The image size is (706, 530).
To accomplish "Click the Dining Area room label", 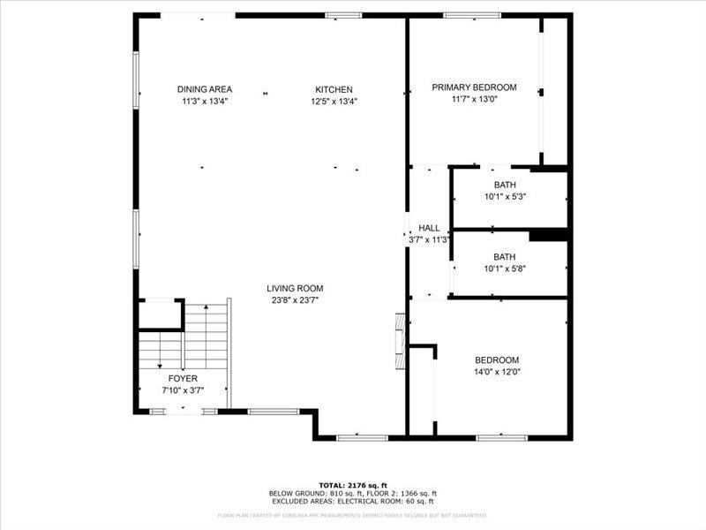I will click(x=204, y=89).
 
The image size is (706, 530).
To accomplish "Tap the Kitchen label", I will click(x=334, y=89).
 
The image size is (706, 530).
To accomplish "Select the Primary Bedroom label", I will click(x=474, y=87).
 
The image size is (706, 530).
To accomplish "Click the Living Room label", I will click(x=296, y=288).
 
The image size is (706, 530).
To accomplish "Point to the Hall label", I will click(x=429, y=228).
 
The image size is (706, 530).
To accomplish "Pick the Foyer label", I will click(x=183, y=378).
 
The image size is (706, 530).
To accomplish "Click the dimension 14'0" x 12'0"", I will click(x=497, y=372).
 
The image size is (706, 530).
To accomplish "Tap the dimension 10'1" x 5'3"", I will click(x=505, y=196).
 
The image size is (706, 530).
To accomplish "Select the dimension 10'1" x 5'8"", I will click(x=505, y=269).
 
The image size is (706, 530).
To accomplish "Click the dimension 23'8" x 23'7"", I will click(x=296, y=300).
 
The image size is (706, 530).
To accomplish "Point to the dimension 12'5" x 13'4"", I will click(x=334, y=101).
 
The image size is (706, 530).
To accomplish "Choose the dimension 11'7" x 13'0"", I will click(x=474, y=100).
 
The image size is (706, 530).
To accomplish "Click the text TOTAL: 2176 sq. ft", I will click(x=353, y=485).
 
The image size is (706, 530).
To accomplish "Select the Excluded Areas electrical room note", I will click(x=353, y=502).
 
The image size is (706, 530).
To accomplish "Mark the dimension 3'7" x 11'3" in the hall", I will click(x=429, y=239).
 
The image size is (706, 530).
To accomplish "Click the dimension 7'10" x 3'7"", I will click(x=183, y=390).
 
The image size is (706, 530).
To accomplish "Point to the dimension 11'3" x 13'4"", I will click(x=204, y=101).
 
